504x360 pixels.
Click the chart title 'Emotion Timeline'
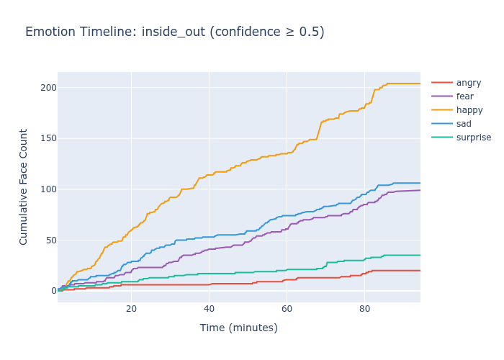coord(174,32)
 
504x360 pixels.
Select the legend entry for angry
coord(469,83)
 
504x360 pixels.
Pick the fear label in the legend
coord(465,96)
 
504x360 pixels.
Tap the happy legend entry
coord(469,110)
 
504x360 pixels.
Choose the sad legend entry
coord(464,124)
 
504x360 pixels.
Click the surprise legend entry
coord(474,138)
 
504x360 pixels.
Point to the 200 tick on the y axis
coord(48,88)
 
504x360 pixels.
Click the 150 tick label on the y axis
coord(48,138)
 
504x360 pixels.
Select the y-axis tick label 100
coord(48,189)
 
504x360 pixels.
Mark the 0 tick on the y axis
coord(53,291)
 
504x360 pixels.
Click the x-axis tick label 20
coord(131,309)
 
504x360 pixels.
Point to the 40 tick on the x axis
coord(209,309)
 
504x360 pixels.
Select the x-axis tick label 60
coord(287,309)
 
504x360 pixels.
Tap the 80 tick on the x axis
coord(364,309)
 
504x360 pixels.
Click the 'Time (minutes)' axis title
coord(238,328)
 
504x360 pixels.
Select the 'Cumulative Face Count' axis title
coord(24,186)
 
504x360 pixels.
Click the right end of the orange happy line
coord(420,84)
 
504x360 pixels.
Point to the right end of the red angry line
coord(420,271)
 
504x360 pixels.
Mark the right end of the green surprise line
coord(420,255)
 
